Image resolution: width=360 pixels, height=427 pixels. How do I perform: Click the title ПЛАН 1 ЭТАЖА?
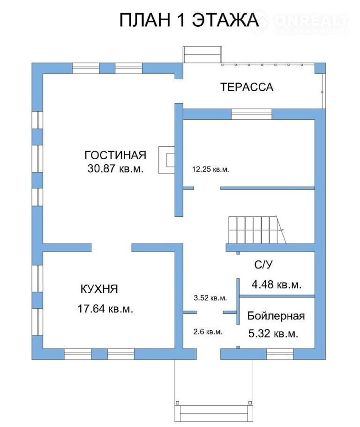[189, 20]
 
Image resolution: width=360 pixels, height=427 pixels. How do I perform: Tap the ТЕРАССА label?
[247, 87]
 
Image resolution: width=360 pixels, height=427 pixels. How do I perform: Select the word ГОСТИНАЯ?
[115, 155]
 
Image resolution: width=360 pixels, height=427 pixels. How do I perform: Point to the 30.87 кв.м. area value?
[115, 168]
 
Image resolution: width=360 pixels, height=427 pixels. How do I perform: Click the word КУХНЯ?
[99, 289]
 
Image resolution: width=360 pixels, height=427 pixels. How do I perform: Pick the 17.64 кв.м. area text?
[105, 309]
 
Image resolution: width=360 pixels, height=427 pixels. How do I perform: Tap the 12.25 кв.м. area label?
[210, 169]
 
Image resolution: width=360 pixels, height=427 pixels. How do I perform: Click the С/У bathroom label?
[263, 265]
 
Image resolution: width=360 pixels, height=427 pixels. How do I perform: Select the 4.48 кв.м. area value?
[277, 284]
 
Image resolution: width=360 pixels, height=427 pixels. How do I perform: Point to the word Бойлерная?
[276, 316]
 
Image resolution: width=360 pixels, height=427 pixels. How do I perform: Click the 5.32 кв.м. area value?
[273, 333]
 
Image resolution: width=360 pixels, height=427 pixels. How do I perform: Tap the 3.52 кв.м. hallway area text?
[210, 297]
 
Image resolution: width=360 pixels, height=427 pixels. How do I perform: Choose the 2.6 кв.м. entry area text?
[208, 332]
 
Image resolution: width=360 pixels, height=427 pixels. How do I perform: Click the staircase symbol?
[256, 230]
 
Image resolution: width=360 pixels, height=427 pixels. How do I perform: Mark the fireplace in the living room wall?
[166, 160]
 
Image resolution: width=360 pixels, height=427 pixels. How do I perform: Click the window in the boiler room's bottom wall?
[280, 354]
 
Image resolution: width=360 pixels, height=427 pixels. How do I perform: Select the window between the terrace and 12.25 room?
[251, 114]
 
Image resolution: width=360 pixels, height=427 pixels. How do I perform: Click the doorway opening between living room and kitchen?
[112, 248]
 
